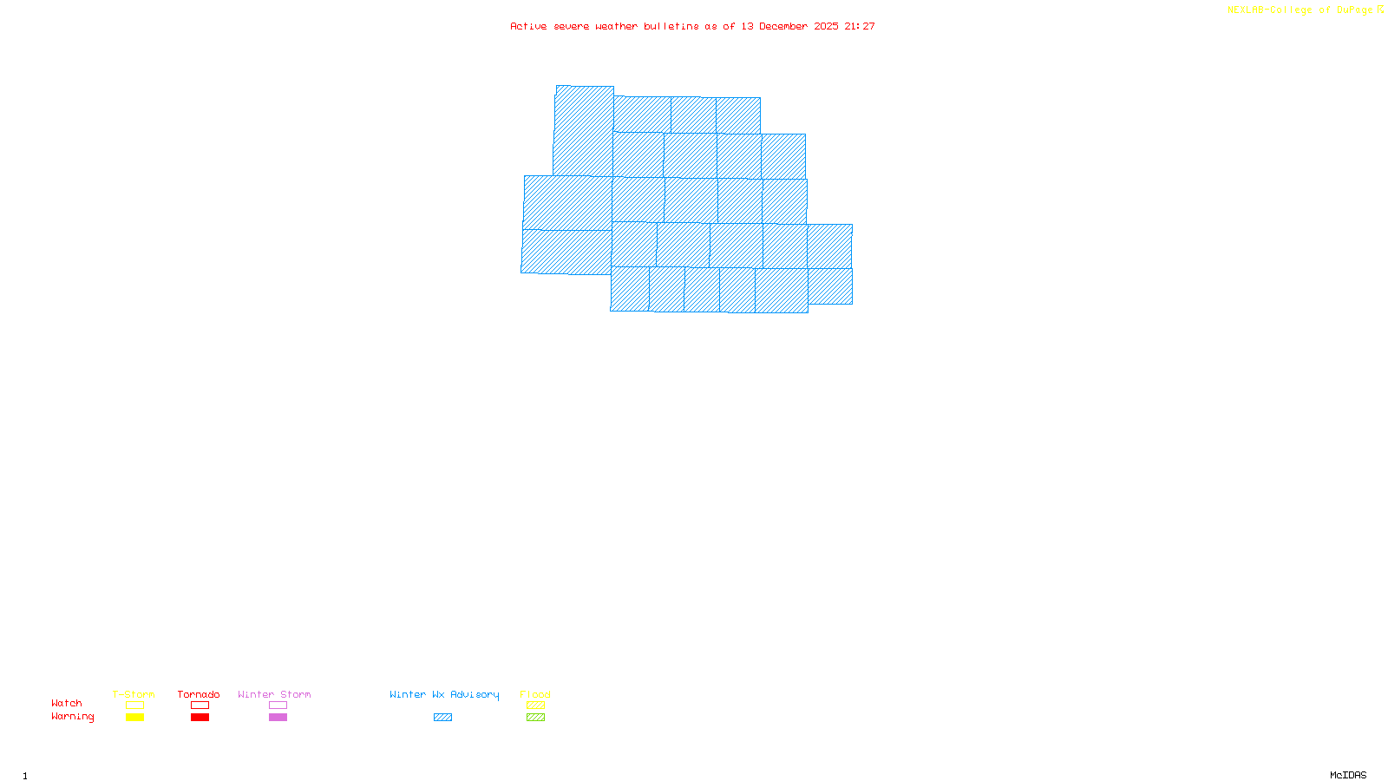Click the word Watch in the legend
(x=67, y=704)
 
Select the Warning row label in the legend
(x=72, y=717)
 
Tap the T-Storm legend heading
(x=134, y=694)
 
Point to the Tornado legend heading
(x=199, y=694)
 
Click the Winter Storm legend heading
(x=274, y=694)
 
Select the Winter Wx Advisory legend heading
(x=444, y=694)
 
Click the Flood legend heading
(x=535, y=694)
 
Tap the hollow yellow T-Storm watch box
(x=134, y=706)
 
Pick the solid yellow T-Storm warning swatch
(x=134, y=718)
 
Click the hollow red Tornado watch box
(x=200, y=706)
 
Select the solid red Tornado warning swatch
(x=200, y=718)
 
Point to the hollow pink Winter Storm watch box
(x=278, y=706)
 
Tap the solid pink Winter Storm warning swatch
(x=278, y=718)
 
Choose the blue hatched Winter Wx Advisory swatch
(x=442, y=718)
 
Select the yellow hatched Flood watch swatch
(x=535, y=706)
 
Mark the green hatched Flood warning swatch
(x=535, y=718)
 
